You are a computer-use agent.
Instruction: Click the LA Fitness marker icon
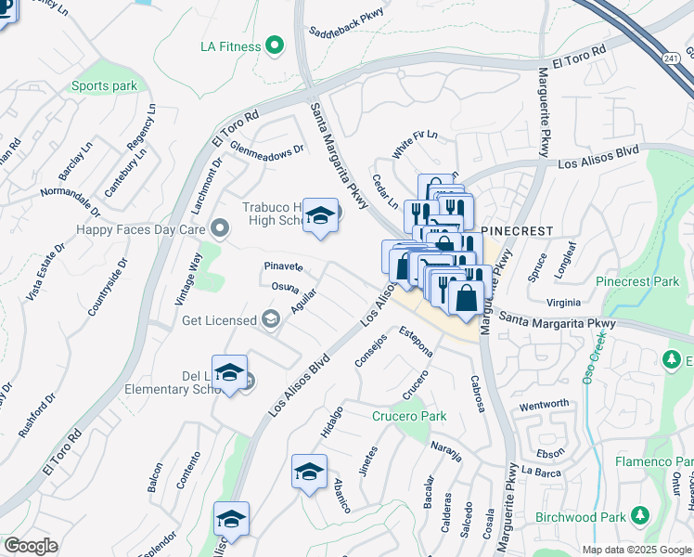pyautogui.click(x=274, y=45)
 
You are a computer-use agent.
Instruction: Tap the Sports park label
pyautogui.click(x=104, y=86)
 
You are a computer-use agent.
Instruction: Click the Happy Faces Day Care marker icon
pyautogui.click(x=220, y=227)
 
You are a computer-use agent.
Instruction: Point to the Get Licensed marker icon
pyautogui.click(x=271, y=320)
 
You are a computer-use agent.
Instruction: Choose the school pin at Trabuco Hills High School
pyautogui.click(x=321, y=218)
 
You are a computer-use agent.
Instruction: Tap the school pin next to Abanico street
pyautogui.click(x=309, y=473)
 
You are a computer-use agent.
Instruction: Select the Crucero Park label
pyautogui.click(x=409, y=416)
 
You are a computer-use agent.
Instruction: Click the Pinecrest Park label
pyautogui.click(x=639, y=280)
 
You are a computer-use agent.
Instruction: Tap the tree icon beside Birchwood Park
pyautogui.click(x=639, y=515)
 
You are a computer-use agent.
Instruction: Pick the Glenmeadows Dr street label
pyautogui.click(x=267, y=151)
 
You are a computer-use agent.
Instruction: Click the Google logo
pyautogui.click(x=31, y=546)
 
